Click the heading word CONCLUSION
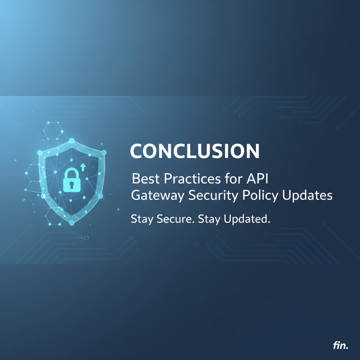(194, 151)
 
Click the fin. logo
(340, 346)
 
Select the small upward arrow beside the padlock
(83, 166)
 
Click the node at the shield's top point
(72, 141)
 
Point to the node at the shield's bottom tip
(72, 223)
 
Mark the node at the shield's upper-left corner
(40, 153)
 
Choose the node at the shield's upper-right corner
(104, 153)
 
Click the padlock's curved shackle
(72, 172)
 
